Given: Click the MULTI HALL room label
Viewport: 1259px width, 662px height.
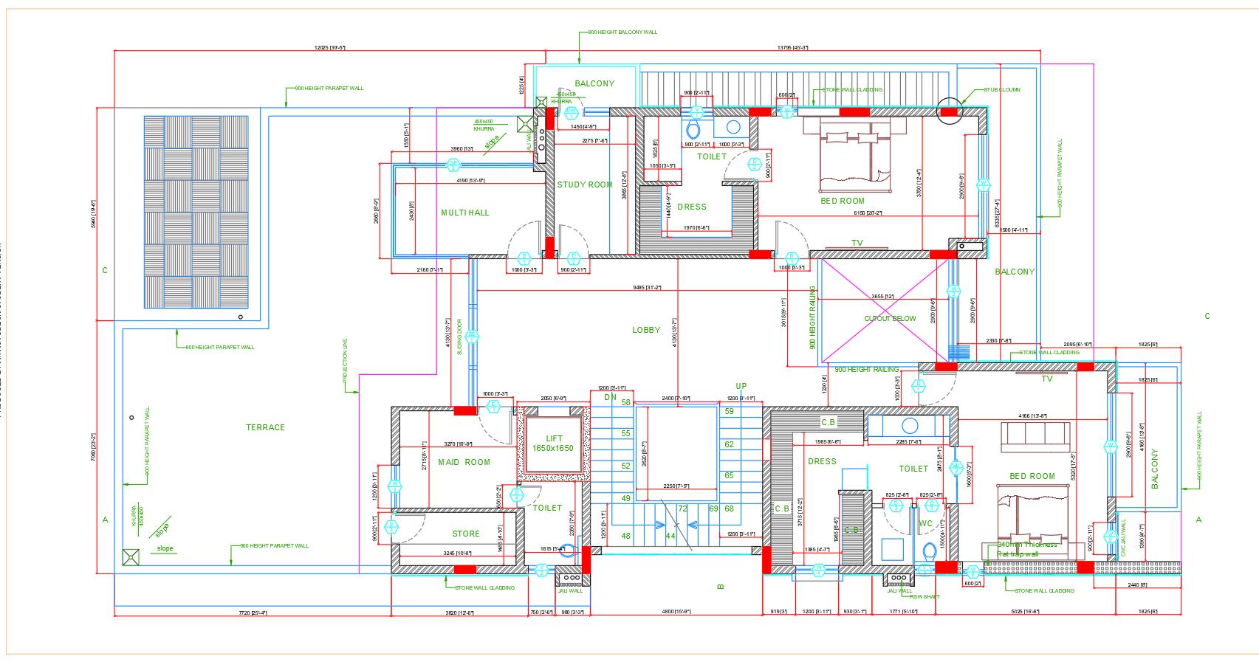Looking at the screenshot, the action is tap(465, 213).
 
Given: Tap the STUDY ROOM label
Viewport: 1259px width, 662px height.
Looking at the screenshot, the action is tap(585, 185).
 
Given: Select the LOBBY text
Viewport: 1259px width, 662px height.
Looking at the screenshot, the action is tap(646, 330).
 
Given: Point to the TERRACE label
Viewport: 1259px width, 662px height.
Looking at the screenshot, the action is tap(265, 427).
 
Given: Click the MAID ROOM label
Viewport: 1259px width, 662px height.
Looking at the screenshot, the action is tap(464, 462).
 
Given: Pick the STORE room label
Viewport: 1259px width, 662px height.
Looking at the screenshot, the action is tap(466, 534).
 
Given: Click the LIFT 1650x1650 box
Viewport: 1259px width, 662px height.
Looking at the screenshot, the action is tap(554, 444).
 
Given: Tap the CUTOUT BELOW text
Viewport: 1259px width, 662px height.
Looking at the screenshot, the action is tap(890, 319).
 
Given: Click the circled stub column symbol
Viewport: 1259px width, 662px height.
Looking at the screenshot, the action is tap(950, 111).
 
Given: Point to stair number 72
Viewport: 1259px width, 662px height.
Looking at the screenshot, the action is tap(682, 508).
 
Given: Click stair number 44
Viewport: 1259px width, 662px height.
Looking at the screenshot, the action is tap(670, 536).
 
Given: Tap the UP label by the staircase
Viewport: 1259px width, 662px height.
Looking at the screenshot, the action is tap(741, 386).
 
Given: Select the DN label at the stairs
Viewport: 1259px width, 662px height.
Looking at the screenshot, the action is tap(610, 397).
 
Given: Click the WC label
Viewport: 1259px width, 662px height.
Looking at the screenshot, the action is tap(925, 523).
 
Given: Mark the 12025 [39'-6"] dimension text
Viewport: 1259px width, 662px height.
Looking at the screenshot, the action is tap(329, 47).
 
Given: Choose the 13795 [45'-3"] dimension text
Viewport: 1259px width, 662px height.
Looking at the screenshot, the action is tap(792, 47).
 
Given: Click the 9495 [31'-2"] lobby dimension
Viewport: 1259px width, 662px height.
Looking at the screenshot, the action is tap(647, 287).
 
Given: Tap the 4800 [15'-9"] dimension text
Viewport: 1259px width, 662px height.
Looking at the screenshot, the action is tap(676, 611).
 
